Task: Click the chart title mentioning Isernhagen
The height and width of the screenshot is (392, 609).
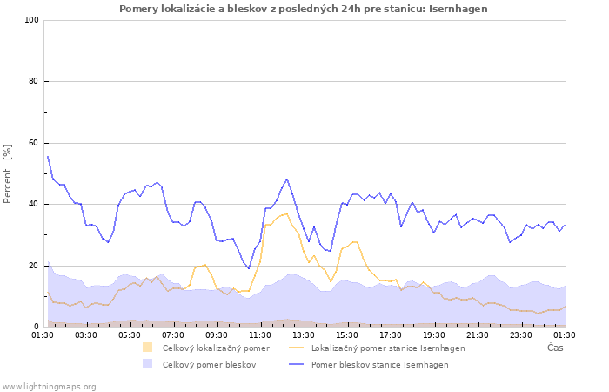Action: pos(304,9)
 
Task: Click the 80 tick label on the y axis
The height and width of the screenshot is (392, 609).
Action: pos(33,82)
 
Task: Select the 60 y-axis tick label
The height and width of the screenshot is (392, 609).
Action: pos(33,143)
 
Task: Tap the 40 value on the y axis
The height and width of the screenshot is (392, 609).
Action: pos(33,205)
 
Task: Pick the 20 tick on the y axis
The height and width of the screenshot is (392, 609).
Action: pos(33,266)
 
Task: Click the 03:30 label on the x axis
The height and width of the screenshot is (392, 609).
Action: pos(86,335)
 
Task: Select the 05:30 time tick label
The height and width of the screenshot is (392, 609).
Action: pos(130,335)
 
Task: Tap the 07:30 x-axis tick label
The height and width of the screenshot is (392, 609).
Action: pos(173,335)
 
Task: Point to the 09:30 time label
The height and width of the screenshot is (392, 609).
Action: pos(217,335)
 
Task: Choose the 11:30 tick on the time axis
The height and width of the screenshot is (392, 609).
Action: pos(260,335)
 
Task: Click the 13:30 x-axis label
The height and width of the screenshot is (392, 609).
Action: pos(304,335)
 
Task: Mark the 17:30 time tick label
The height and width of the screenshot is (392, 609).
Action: pos(391,335)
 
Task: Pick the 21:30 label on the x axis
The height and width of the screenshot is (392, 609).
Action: pos(478,335)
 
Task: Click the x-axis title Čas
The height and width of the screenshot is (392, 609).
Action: pos(554,348)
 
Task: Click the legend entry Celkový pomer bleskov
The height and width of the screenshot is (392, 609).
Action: pos(209,365)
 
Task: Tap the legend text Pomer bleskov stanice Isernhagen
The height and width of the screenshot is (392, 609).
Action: pos(379,365)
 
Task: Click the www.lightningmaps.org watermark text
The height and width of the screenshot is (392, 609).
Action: pos(50,386)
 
